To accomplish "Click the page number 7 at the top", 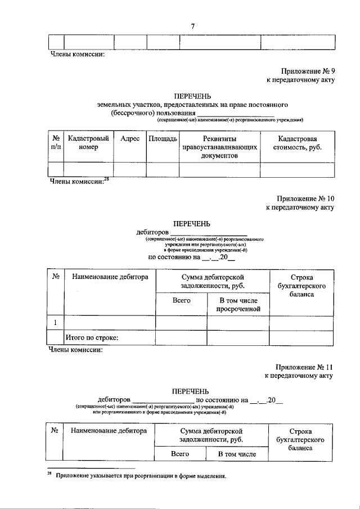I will [193, 26].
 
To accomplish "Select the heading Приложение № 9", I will [308, 71].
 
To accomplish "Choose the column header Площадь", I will [163, 138].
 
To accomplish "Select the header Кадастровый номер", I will [88, 143].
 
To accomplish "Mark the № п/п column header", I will [56, 143].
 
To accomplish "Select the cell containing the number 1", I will [55, 322].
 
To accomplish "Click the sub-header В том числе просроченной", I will [238, 304].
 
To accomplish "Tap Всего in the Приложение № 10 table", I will [181, 300].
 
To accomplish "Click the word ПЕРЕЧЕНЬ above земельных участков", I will [192, 96].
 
